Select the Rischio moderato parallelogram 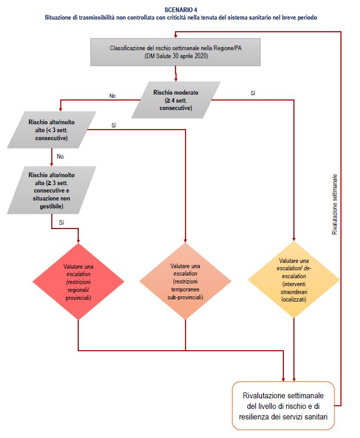pos(176,100)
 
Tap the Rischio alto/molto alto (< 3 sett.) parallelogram pos(52,130)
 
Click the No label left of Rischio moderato pos(113,96)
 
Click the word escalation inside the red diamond pos(79,274)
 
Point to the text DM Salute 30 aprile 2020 pos(177,56)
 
